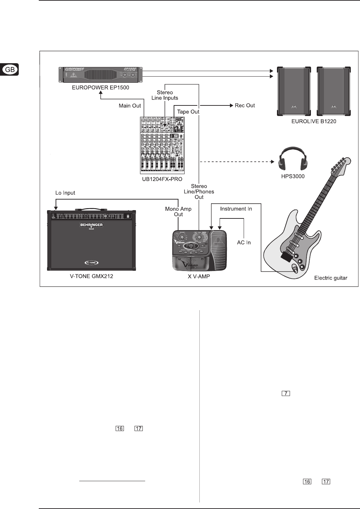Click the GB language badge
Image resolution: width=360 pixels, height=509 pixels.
[x=10, y=70]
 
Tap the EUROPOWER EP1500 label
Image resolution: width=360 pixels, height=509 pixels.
[x=101, y=88]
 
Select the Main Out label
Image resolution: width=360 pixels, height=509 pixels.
[x=130, y=106]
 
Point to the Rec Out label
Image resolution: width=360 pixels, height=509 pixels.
[x=245, y=105]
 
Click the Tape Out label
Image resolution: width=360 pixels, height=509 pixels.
[x=188, y=112]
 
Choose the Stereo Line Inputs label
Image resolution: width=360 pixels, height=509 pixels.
[x=165, y=95]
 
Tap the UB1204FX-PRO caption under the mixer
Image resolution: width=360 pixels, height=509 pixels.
[x=162, y=179]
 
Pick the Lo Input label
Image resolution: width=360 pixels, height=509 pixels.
[x=65, y=193]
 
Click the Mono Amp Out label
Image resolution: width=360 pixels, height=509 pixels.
[x=178, y=212]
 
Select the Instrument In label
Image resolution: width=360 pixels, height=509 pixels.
[x=236, y=209]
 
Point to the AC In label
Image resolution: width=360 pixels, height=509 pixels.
[x=244, y=242]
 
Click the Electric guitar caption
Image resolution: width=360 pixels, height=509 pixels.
[x=330, y=278]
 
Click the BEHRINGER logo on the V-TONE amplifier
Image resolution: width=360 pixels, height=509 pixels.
[x=91, y=225]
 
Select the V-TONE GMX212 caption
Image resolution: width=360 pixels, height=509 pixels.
[x=91, y=276]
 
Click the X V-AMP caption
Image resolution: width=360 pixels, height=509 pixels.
[x=199, y=276]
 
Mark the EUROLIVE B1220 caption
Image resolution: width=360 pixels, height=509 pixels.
[x=314, y=121]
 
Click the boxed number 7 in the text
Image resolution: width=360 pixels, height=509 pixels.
[x=286, y=393]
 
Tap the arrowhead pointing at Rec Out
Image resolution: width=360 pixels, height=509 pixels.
[x=231, y=105]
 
